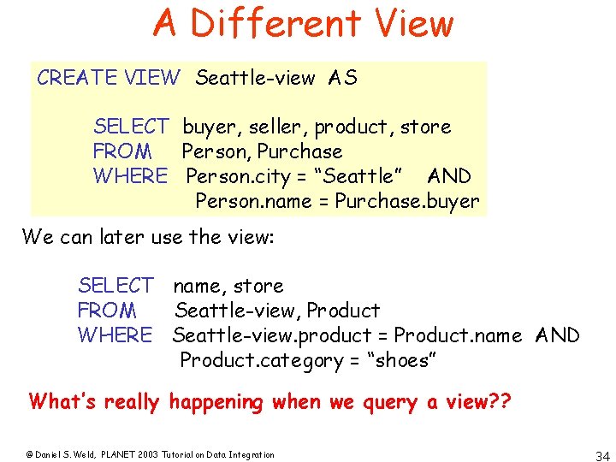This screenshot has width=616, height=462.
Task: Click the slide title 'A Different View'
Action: pyautogui.click(x=303, y=23)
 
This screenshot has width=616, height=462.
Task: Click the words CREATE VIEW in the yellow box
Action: pyautogui.click(x=109, y=78)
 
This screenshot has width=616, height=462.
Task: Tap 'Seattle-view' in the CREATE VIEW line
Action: pyautogui.click(x=255, y=78)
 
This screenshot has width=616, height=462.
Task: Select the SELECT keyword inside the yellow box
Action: pyautogui.click(x=131, y=127)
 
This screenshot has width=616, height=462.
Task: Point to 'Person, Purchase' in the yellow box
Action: pyautogui.click(x=263, y=151)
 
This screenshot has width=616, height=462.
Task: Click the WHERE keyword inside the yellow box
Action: pyautogui.click(x=131, y=176)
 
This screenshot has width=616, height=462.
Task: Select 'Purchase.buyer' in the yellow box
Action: pyautogui.click(x=407, y=201)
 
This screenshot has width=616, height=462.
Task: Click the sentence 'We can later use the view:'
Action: pyautogui.click(x=147, y=236)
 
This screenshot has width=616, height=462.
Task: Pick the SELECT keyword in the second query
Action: pyautogui.click(x=115, y=285)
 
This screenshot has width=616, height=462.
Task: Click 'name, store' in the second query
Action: pyautogui.click(x=228, y=285)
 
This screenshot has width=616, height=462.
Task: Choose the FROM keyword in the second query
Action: pyautogui.click(x=106, y=310)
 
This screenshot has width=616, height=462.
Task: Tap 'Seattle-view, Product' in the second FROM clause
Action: pyautogui.click(x=277, y=310)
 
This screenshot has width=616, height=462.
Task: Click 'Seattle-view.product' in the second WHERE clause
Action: pyautogui.click(x=272, y=335)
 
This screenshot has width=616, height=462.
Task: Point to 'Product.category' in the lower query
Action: pyautogui.click(x=260, y=360)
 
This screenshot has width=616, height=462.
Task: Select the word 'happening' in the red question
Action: pyautogui.click(x=216, y=401)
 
